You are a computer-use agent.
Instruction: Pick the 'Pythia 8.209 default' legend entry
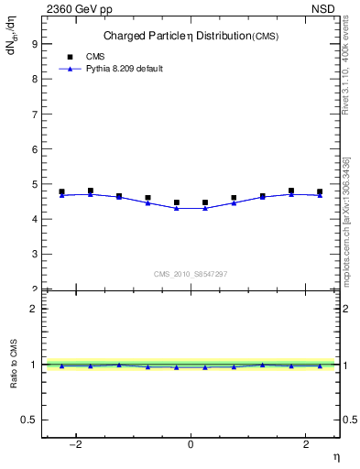pyautogui.click(x=110, y=69)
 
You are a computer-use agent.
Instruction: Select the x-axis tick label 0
pyautogui.click(x=191, y=445)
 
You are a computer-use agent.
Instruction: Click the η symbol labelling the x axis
pyautogui.click(x=335, y=456)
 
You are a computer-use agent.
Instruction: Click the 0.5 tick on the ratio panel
pyautogui.click(x=27, y=420)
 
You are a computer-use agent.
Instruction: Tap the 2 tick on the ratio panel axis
pyautogui.click(x=32, y=309)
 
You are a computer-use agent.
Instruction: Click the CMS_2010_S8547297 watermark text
pyautogui.click(x=191, y=274)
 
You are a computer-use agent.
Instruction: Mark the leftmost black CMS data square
pyautogui.click(x=61, y=192)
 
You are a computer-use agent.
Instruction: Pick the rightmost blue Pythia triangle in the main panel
pyautogui.click(x=320, y=195)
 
